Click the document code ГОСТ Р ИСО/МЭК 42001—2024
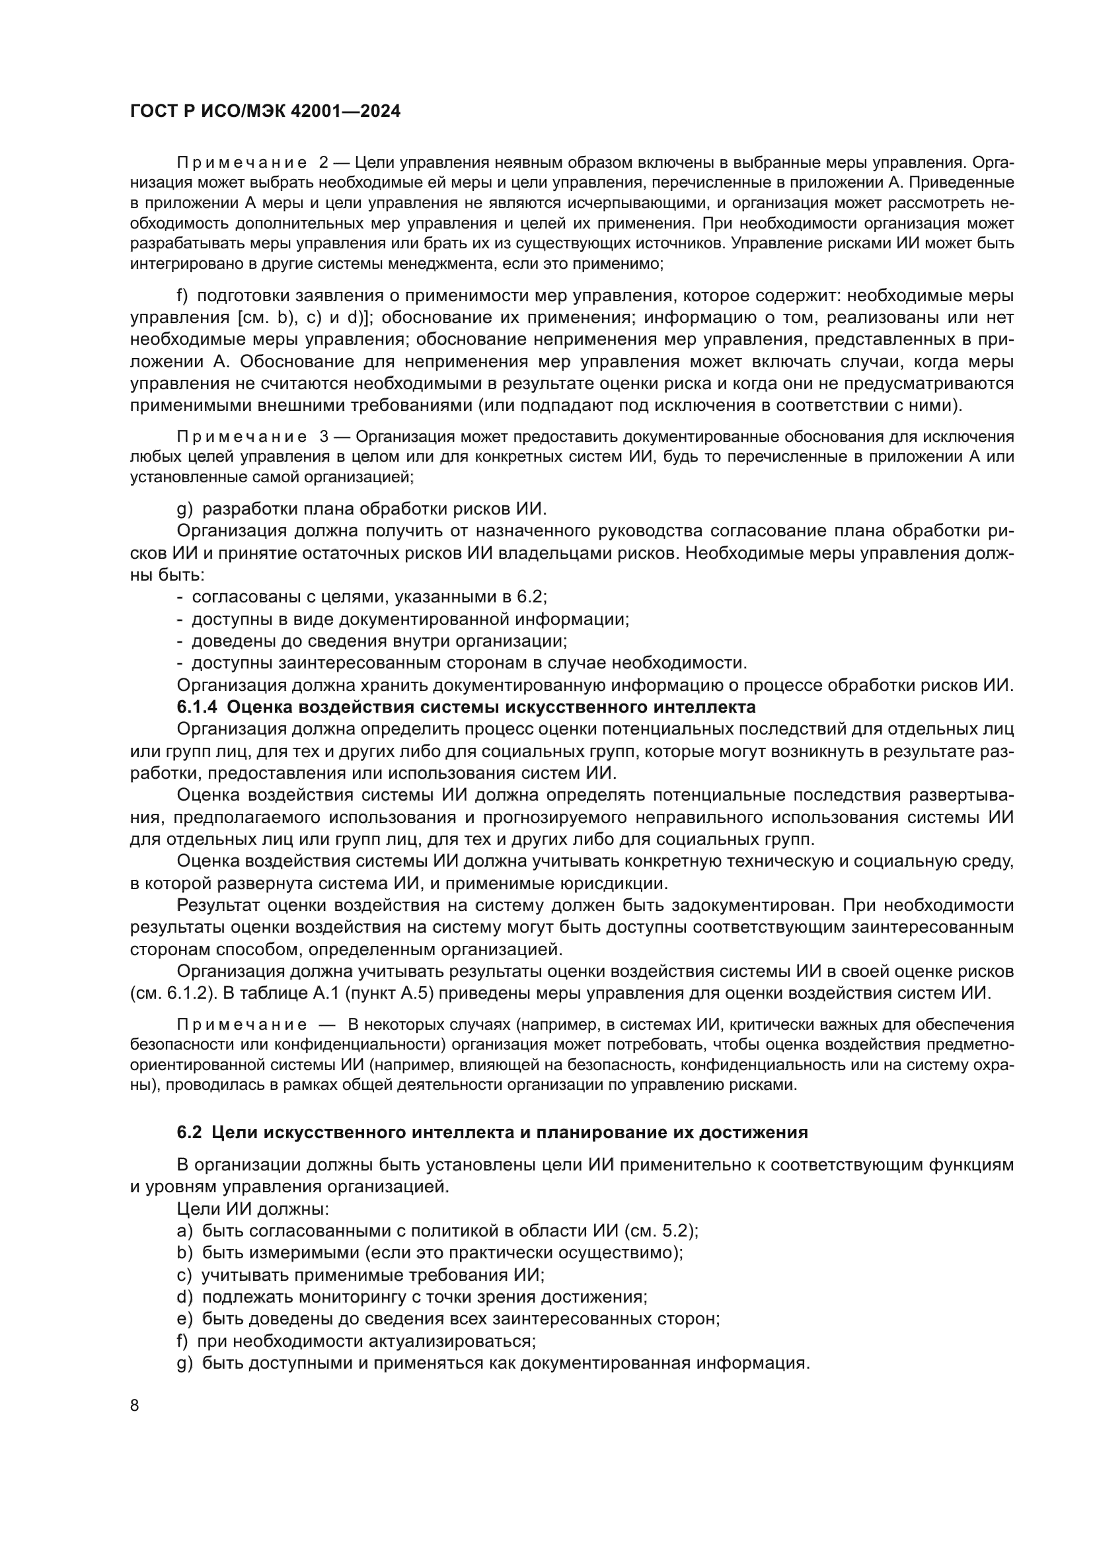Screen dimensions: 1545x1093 click(x=265, y=112)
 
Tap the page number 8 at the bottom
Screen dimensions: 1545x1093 click(x=135, y=1424)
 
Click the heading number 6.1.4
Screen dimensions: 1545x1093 click(x=197, y=707)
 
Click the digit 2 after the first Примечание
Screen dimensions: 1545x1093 click(x=324, y=163)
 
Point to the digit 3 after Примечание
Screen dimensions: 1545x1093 click(x=324, y=437)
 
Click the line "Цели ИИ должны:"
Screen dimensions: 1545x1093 click(x=252, y=1209)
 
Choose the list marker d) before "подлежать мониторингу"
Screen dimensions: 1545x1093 click(x=184, y=1297)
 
